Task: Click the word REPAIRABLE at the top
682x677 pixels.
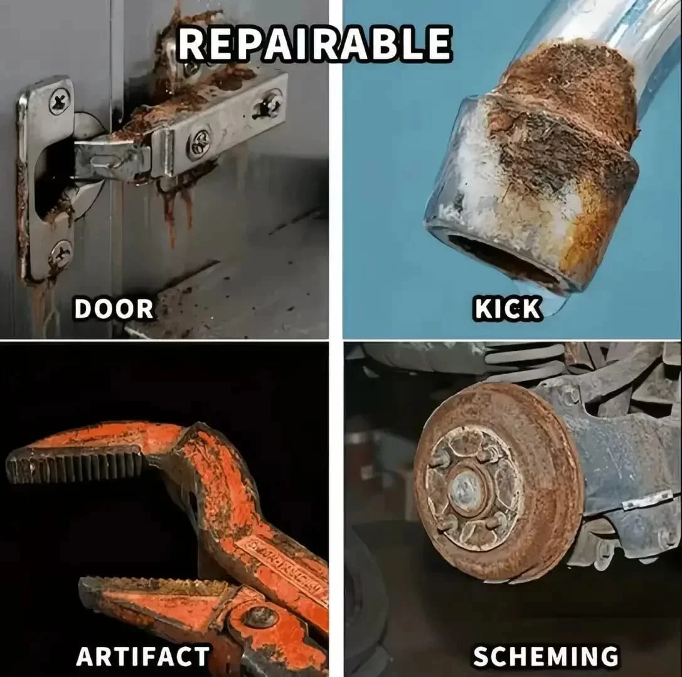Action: [314, 44]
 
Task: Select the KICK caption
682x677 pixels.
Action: [508, 309]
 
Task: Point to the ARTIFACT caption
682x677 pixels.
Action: [142, 656]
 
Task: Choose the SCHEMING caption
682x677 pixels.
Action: [545, 656]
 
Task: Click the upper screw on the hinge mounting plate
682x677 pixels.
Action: [60, 101]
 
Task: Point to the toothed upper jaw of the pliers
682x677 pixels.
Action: [75, 464]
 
